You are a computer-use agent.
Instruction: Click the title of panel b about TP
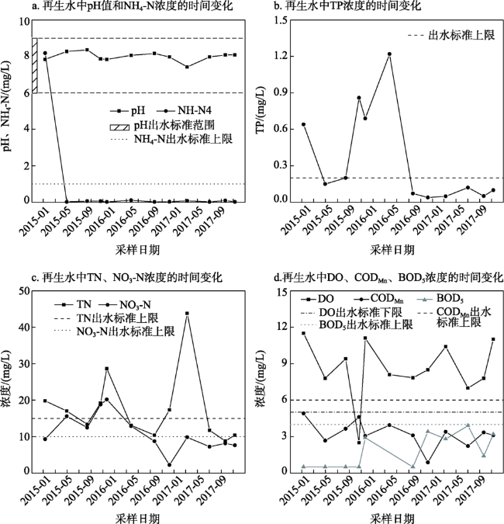tap(357, 7)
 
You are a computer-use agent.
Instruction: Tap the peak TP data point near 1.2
tap(389, 54)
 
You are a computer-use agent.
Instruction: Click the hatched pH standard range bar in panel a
tap(35, 65)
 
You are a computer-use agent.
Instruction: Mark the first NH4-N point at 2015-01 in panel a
tap(45, 53)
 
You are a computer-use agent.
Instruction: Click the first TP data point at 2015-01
tap(303, 123)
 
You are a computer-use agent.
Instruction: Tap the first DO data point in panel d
tap(303, 333)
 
